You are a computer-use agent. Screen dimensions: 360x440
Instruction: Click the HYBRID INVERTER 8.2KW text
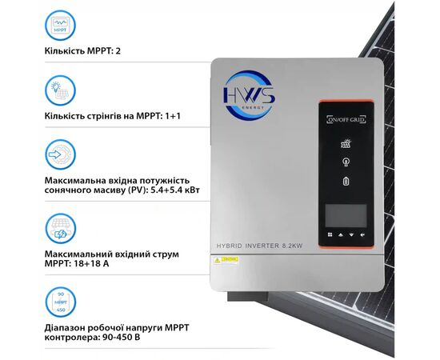(x=274, y=244)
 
